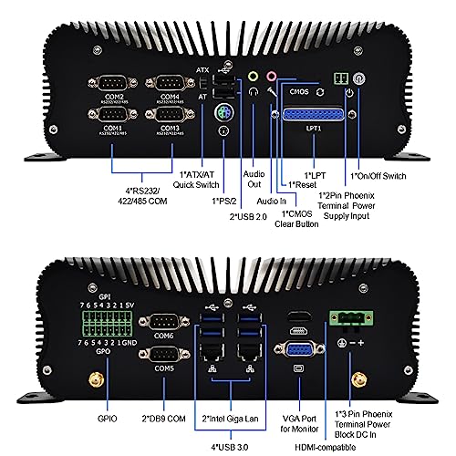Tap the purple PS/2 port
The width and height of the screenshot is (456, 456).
coord(223,114)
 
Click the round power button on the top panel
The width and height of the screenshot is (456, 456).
coord(359,79)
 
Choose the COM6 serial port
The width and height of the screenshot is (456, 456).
coord(165,324)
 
